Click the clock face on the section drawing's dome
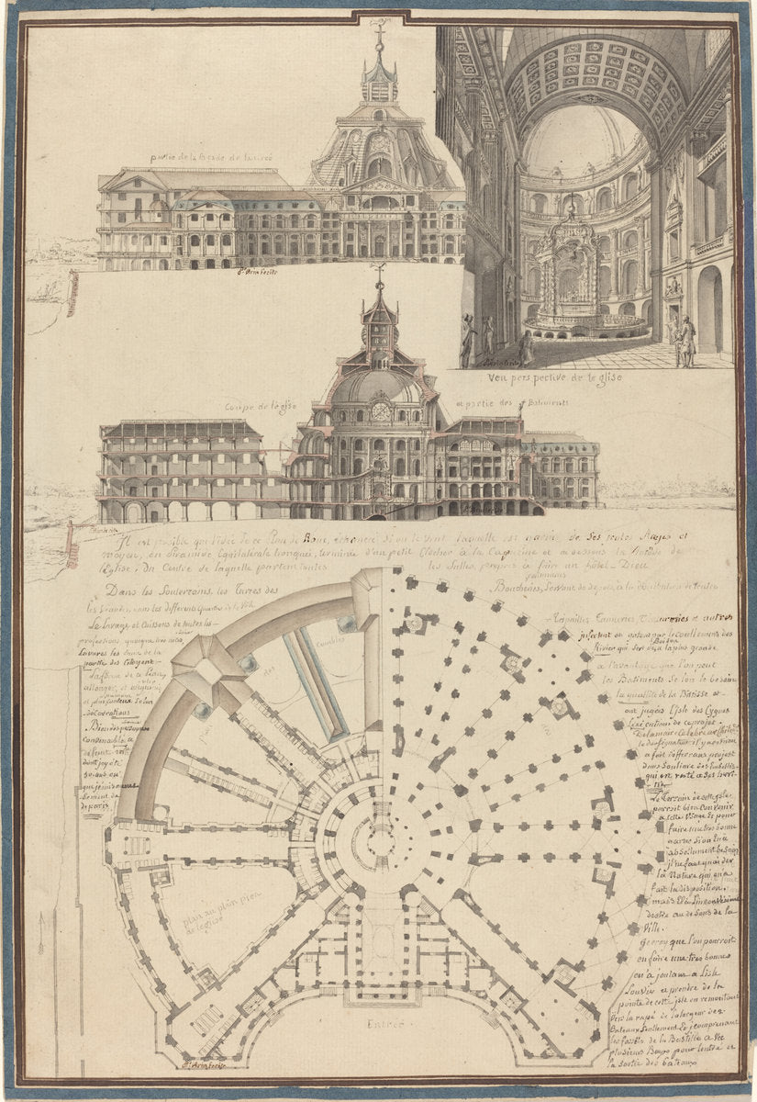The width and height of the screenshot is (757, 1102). [381, 412]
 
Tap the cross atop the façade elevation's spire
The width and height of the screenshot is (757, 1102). [379, 28]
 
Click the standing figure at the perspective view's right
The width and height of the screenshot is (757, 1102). [685, 340]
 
